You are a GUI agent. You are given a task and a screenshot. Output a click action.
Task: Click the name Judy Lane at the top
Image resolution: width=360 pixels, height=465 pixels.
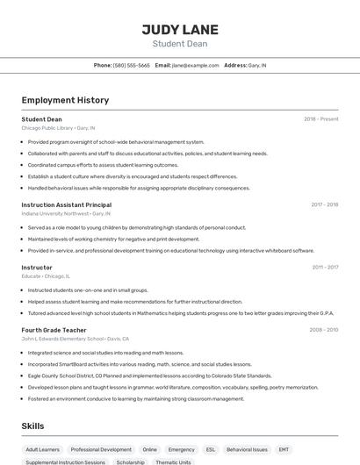pyautogui.click(x=180, y=29)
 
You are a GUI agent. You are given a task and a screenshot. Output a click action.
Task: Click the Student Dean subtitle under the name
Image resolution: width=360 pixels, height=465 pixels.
pyautogui.click(x=180, y=43)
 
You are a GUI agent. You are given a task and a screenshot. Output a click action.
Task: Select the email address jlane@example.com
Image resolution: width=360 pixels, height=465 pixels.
pyautogui.click(x=195, y=65)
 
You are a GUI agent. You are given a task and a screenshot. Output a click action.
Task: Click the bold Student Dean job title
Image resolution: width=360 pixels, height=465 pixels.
pyautogui.click(x=41, y=118)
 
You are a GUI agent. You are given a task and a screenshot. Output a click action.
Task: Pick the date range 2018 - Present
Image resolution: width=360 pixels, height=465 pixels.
pyautogui.click(x=320, y=118)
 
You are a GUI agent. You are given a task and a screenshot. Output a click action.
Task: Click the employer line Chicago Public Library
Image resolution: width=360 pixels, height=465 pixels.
pyautogui.click(x=58, y=127)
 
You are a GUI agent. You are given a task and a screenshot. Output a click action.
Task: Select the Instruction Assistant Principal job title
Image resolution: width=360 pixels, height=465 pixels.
pyautogui.click(x=66, y=204)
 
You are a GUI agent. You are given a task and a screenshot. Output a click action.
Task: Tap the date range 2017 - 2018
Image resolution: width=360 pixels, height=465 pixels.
pyautogui.click(x=324, y=204)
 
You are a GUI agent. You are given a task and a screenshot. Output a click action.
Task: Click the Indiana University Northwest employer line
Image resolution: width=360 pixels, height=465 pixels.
pyautogui.click(x=66, y=213)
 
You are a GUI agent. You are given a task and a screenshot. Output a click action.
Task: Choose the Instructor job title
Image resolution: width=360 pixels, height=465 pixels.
pyautogui.click(x=37, y=267)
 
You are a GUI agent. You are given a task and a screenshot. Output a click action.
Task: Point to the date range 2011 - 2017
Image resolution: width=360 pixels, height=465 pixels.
pyautogui.click(x=324, y=267)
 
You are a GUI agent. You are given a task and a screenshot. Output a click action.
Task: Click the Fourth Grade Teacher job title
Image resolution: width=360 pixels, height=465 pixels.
pyautogui.click(x=54, y=330)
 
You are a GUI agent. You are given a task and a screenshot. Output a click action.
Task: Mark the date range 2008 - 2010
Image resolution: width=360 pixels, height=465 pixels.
pyautogui.click(x=323, y=330)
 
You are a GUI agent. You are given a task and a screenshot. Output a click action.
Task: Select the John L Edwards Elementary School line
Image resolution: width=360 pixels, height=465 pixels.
pyautogui.click(x=75, y=339)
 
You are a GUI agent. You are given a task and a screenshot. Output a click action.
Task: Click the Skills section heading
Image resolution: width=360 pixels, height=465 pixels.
pyautogui.click(x=33, y=426)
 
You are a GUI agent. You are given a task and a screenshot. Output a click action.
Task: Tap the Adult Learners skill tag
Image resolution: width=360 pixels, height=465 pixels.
pyautogui.click(x=43, y=449)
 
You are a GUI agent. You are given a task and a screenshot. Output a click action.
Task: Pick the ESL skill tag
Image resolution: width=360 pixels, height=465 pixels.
pyautogui.click(x=211, y=449)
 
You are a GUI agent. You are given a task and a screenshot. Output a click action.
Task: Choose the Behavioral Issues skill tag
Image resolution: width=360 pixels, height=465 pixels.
pyautogui.click(x=247, y=449)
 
